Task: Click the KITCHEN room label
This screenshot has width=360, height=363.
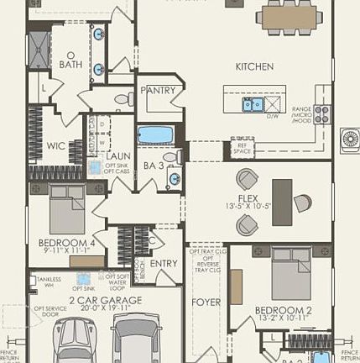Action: tap(253, 66)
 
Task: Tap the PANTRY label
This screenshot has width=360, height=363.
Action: tap(157, 90)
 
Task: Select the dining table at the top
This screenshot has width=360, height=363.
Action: tap(290, 16)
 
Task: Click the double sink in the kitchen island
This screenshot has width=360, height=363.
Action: tap(253, 104)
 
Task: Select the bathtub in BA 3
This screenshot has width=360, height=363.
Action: tap(155, 134)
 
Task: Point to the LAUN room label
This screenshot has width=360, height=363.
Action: tap(117, 155)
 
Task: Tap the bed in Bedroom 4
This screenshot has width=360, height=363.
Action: tap(67, 209)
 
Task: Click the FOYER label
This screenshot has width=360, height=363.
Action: tap(206, 302)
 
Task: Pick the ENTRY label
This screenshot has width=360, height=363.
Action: tap(164, 263)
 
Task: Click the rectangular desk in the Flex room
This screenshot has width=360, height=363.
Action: tap(282, 202)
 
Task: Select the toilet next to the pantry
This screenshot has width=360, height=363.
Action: tap(123, 99)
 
